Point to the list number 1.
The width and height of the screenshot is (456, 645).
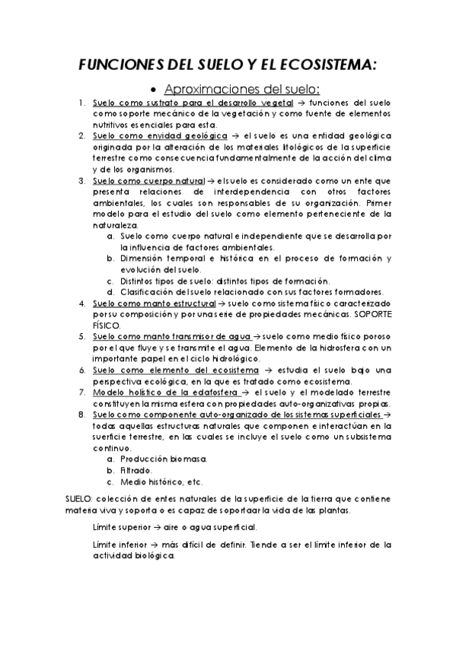pyautogui.click(x=81, y=102)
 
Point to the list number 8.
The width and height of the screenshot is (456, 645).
pyautogui.click(x=81, y=415)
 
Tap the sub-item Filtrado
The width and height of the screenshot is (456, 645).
pyautogui.click(x=136, y=471)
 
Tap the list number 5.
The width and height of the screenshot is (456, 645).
pyautogui.click(x=81, y=336)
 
